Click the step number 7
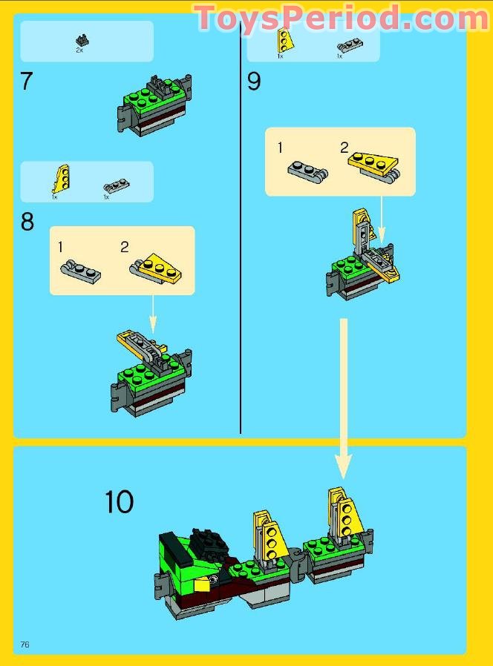[x=27, y=81]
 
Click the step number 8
[x=27, y=222]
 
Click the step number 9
[x=254, y=82]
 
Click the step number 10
[x=119, y=502]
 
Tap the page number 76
[x=25, y=644]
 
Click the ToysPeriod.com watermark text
[x=341, y=18]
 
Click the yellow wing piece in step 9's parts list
[x=283, y=40]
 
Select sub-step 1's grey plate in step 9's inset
[x=306, y=169]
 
